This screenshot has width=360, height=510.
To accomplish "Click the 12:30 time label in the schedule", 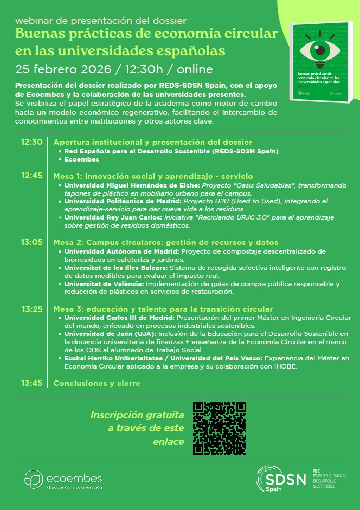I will click(31, 142).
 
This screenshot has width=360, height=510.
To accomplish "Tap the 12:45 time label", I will click(31, 176).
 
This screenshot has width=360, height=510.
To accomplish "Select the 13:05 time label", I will click(31, 242).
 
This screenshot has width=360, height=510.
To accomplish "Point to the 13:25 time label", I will click(31, 309).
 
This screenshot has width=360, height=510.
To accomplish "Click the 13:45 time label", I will click(31, 383).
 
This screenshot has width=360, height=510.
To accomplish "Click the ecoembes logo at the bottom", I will click(63, 480).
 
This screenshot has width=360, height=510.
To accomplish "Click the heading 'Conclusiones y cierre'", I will click(97, 383).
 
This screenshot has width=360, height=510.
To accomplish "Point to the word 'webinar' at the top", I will click(33, 21).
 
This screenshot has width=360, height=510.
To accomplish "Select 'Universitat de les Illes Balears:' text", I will click(116, 268).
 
